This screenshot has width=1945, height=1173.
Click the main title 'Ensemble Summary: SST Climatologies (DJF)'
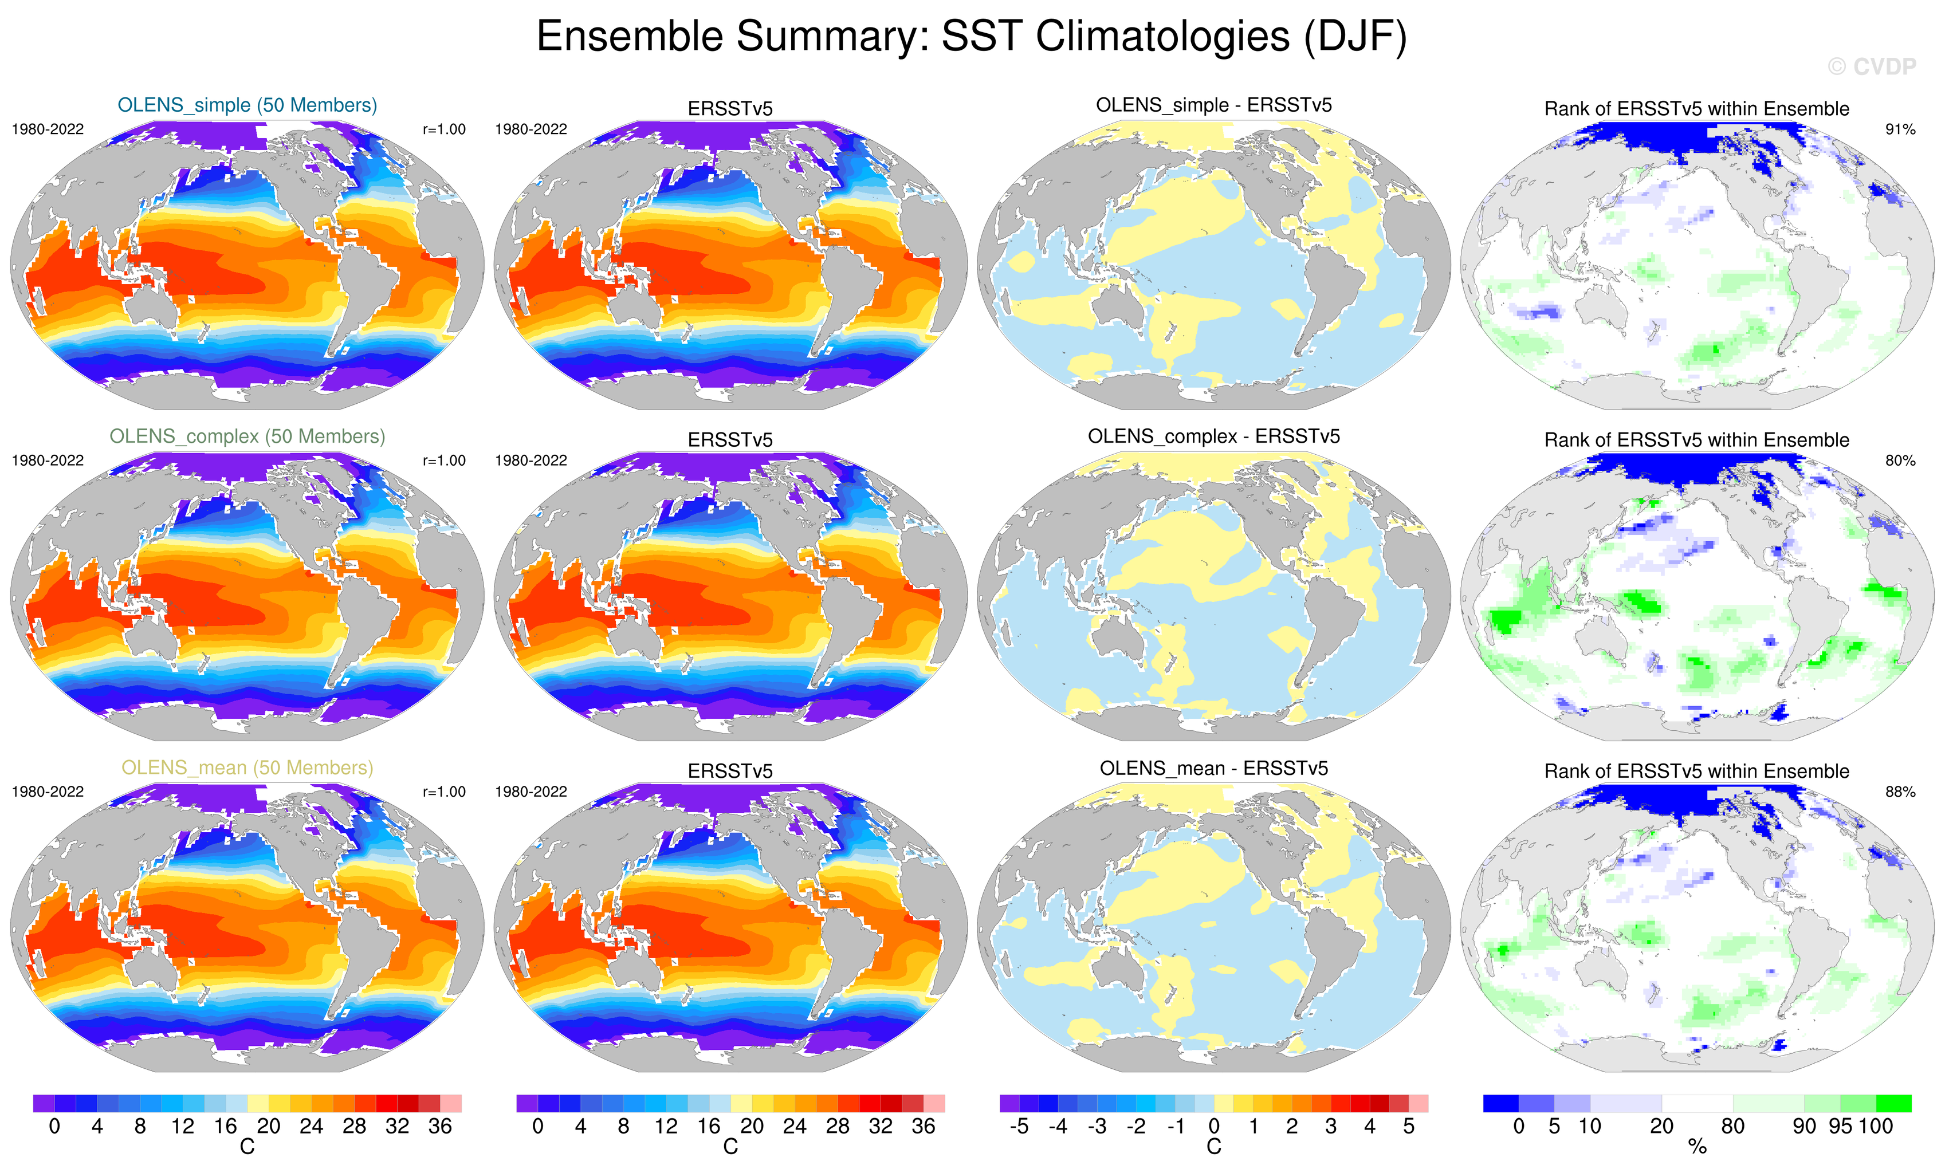[x=971, y=37]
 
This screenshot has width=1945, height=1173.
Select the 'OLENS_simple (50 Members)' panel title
[x=247, y=105]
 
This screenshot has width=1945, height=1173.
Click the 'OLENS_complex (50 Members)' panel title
[x=247, y=436]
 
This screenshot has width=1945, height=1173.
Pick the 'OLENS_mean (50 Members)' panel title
[x=247, y=768]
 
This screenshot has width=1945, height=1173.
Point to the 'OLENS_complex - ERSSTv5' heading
[x=1213, y=436]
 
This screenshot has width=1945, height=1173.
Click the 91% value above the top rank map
[x=1900, y=129]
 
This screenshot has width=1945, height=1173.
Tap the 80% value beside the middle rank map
[x=1900, y=461]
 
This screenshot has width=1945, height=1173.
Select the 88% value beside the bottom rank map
[x=1900, y=792]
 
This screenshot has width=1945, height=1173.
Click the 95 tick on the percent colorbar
[x=1840, y=1127]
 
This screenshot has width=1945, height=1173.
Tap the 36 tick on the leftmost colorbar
[x=439, y=1127]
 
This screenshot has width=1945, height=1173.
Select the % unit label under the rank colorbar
[x=1697, y=1147]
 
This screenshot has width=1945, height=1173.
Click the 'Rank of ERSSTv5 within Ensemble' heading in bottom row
[x=1696, y=771]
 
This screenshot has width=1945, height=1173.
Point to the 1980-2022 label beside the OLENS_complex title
[x=48, y=461]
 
